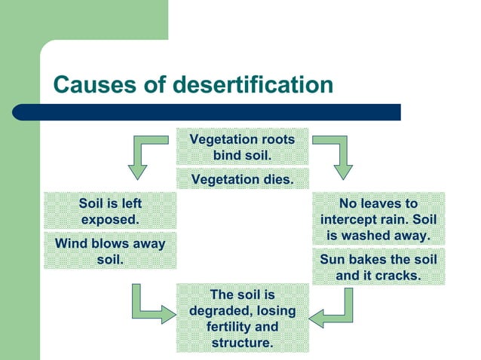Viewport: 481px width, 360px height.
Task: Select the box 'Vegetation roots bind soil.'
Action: tap(242, 147)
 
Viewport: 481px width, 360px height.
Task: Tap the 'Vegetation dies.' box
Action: tap(242, 179)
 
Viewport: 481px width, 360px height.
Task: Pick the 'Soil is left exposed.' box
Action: tap(110, 211)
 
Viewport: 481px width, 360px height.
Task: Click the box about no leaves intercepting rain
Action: tap(378, 219)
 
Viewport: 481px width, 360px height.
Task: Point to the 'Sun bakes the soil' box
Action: tap(378, 267)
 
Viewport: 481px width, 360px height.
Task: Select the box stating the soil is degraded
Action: tap(242, 318)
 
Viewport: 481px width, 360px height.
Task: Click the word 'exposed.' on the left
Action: tap(110, 219)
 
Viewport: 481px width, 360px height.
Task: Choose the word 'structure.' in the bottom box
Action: tap(242, 343)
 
